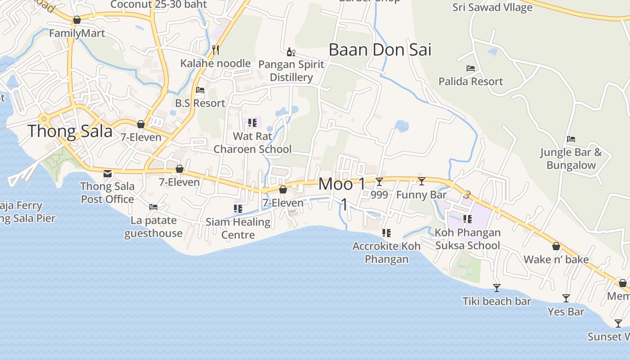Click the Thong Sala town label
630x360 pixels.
pos(70,131)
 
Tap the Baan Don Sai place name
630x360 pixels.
pos(380,49)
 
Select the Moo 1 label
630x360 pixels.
pos(342,184)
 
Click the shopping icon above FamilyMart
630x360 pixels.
pos(77,20)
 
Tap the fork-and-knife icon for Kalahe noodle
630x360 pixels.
pos(216,49)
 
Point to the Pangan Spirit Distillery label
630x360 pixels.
pos(291,71)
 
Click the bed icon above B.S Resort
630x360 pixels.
pos(200,90)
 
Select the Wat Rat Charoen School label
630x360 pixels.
pos(252,143)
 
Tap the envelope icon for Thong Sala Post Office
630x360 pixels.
pos(108,173)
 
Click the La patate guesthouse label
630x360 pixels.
pos(153,227)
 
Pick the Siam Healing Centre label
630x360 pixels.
pos(238,228)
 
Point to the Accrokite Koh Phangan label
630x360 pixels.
pos(387,252)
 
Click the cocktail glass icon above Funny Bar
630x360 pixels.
pos(422,181)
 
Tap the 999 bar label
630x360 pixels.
pos(379,195)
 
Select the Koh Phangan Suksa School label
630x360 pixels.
pos(468,239)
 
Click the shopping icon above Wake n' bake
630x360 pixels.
pos(556,247)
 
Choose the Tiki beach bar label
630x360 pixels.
pos(497,301)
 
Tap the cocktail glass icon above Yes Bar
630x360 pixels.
pos(566,298)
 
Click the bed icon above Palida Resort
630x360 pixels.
pos(471,68)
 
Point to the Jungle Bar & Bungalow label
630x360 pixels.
pos(571,158)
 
